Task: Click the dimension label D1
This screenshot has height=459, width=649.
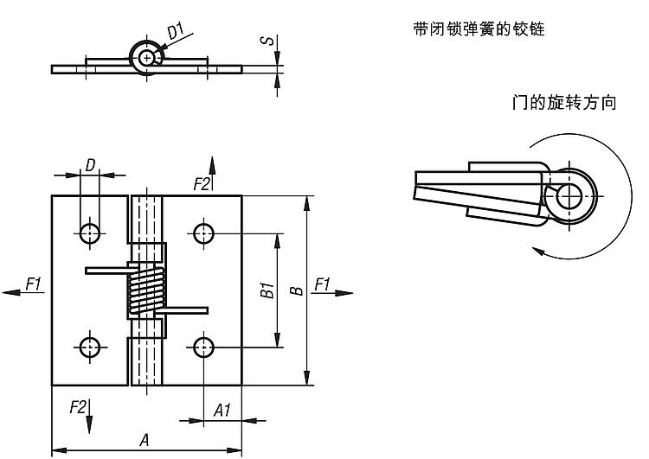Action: coord(177,32)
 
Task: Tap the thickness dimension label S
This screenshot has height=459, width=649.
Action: coord(269,41)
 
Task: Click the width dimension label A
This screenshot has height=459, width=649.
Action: coord(144,439)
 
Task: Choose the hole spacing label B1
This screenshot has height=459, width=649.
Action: coord(267,290)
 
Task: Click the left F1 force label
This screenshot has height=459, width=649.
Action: coord(34,283)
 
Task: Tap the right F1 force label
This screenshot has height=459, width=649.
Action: coord(323,283)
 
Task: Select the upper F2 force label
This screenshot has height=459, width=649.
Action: coord(202,183)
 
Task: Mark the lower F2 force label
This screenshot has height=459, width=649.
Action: coord(77,406)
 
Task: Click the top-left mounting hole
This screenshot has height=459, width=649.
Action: coord(89,232)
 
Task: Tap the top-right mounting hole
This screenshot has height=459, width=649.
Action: coord(203,232)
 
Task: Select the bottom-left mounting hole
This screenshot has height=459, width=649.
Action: coord(89,347)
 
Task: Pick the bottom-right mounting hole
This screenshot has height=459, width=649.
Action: coord(203,347)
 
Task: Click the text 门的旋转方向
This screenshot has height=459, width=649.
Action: coord(563,103)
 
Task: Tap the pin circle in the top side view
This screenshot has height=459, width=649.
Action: coord(149,58)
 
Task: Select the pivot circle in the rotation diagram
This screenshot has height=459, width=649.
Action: coord(569,195)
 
